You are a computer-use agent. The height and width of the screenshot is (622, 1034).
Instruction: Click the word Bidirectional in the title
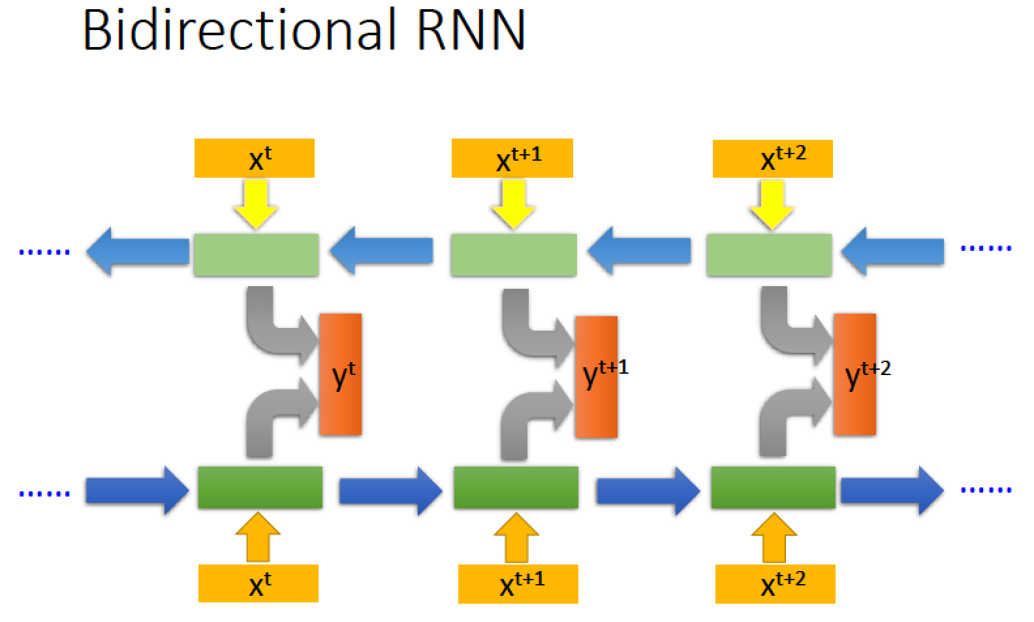click(x=239, y=29)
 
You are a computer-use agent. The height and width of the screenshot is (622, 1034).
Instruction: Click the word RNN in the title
click(x=471, y=31)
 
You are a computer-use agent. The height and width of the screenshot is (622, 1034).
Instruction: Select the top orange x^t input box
click(x=255, y=158)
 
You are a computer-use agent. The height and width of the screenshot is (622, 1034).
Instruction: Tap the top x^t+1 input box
click(x=512, y=158)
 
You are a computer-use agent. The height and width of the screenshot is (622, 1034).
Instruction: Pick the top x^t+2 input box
click(x=773, y=159)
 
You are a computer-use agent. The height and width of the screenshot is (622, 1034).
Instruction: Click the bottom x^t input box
click(x=258, y=583)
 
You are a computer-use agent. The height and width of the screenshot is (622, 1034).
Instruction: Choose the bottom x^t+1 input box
click(x=518, y=583)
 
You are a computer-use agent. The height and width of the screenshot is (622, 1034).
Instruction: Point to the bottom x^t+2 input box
click(x=775, y=583)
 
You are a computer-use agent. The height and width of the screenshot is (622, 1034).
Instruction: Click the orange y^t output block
click(x=341, y=374)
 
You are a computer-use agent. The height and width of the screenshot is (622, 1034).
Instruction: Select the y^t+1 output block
click(x=597, y=376)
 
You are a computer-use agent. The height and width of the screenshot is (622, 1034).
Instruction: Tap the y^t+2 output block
click(x=855, y=374)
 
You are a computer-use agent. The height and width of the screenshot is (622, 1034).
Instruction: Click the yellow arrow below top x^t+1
click(x=513, y=204)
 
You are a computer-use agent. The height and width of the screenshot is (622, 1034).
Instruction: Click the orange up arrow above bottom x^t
click(x=258, y=537)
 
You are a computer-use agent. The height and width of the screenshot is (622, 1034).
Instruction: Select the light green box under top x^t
click(x=256, y=255)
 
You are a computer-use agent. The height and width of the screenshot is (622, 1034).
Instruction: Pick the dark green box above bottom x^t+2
click(x=773, y=487)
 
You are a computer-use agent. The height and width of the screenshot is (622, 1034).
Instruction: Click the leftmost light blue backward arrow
click(x=138, y=252)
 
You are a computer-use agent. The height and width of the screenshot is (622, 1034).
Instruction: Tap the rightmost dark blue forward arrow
click(x=892, y=490)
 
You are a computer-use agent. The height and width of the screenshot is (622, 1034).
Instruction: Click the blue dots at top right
click(x=986, y=248)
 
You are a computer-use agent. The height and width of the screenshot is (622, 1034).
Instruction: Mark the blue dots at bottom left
click(x=44, y=494)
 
